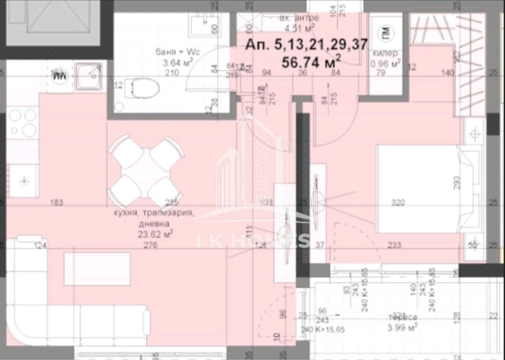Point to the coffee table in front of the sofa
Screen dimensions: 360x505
coord(97,268)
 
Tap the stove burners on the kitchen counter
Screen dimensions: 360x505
coord(23,122)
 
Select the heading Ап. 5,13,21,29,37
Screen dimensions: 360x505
coord(307,44)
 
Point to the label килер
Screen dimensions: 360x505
coord(385,53)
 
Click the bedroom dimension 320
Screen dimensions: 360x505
coord(398,202)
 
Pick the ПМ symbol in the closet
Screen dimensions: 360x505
coord(385,32)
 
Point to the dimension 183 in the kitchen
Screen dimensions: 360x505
coord(57,202)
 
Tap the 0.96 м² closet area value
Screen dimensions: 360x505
coord(385,63)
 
